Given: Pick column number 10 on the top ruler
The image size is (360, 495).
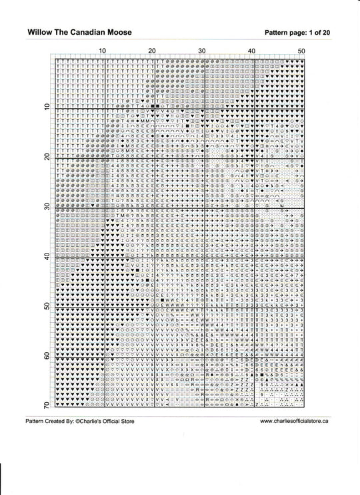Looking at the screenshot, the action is click(102, 51).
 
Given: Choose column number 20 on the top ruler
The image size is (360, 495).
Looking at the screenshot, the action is click(152, 51).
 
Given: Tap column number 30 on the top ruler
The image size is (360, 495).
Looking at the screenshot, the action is click(202, 51).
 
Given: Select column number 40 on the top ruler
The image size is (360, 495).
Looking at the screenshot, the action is click(252, 51).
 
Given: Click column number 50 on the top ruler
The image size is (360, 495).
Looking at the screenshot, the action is click(301, 51).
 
